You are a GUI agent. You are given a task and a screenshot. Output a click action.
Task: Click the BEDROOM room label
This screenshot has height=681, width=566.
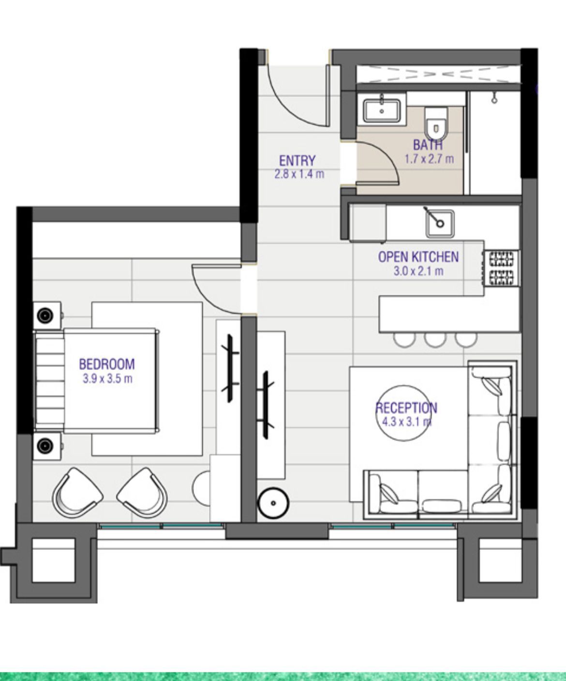[107, 364]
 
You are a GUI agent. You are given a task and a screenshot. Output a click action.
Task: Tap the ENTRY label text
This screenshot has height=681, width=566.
[298, 161]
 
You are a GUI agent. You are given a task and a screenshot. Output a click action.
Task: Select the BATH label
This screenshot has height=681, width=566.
[428, 145]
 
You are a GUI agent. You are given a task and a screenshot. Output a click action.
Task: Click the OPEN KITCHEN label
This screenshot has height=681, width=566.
[418, 257]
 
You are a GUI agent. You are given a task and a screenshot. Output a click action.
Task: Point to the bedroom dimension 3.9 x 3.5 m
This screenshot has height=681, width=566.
[107, 379]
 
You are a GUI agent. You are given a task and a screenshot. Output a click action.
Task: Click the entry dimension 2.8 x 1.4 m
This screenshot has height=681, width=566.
[299, 174]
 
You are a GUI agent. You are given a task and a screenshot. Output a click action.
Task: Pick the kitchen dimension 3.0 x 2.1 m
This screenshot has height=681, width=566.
[418, 271]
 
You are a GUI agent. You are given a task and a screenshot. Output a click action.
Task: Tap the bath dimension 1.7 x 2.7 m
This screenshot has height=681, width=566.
[429, 159]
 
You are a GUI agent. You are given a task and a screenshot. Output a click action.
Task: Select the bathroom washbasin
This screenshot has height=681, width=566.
[382, 111]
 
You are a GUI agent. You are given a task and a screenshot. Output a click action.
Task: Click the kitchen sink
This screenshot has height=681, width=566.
[440, 223]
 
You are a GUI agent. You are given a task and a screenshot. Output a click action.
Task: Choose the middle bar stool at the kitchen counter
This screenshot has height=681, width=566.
[435, 340]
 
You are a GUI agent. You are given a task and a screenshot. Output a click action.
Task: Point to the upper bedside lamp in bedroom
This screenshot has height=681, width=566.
[45, 315]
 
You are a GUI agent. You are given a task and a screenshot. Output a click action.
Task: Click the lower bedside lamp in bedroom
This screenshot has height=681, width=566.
[45, 446]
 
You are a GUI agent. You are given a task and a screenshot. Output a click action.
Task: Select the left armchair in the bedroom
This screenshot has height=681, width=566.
[77, 493]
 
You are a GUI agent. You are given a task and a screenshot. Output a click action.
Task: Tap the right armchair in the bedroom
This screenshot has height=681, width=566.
[143, 493]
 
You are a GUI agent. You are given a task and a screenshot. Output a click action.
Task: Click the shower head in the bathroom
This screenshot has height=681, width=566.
[494, 98]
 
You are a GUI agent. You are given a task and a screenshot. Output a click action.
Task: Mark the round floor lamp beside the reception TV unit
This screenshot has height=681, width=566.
[273, 503]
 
